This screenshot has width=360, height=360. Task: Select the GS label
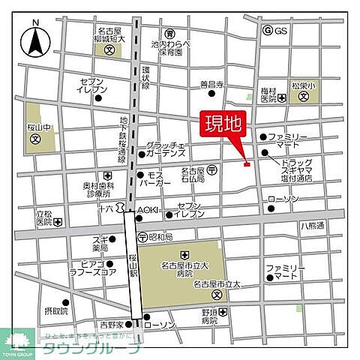click(x=280, y=31)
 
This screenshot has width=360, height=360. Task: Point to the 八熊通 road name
click(x=311, y=225)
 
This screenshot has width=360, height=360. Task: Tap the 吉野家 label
click(x=111, y=325)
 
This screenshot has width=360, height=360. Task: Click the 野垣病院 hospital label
click(x=213, y=316)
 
